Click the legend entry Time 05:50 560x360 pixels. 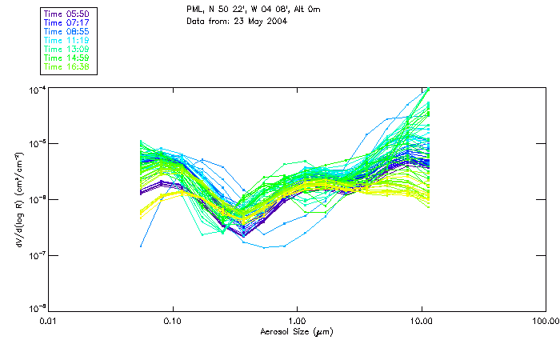[66, 14]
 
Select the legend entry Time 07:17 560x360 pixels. [66, 22]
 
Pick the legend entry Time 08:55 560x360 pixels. [66, 31]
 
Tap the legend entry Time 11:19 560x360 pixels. [66, 40]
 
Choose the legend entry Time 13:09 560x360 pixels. [66, 49]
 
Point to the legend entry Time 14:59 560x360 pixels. [66, 58]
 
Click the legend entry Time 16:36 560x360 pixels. [66, 66]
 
